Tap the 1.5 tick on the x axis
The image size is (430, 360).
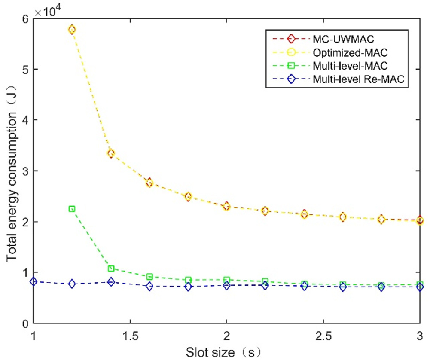tap(130, 334)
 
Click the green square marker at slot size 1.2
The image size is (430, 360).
tap(72, 209)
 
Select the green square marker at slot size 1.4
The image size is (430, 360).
tap(111, 268)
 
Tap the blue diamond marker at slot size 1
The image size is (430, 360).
tap(34, 281)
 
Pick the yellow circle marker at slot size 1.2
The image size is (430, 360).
tap(72, 29)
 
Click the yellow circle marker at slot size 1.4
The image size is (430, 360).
tap(111, 153)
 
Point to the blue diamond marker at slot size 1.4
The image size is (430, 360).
tap(111, 282)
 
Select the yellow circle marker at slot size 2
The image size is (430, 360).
tap(226, 207)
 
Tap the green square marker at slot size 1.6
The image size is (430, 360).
tap(149, 277)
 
